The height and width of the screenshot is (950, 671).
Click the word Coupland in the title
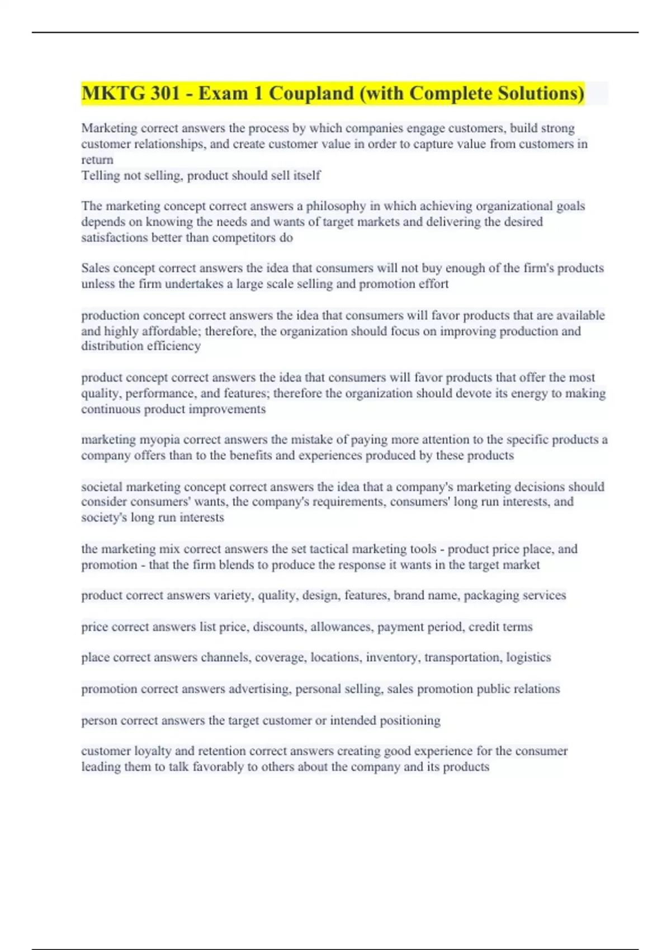coord(311,93)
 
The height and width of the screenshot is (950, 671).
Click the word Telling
coord(100,175)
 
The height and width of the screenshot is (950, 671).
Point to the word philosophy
coord(335,206)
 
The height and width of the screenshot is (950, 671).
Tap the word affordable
coord(171,331)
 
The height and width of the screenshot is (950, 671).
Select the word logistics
coord(528,657)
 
